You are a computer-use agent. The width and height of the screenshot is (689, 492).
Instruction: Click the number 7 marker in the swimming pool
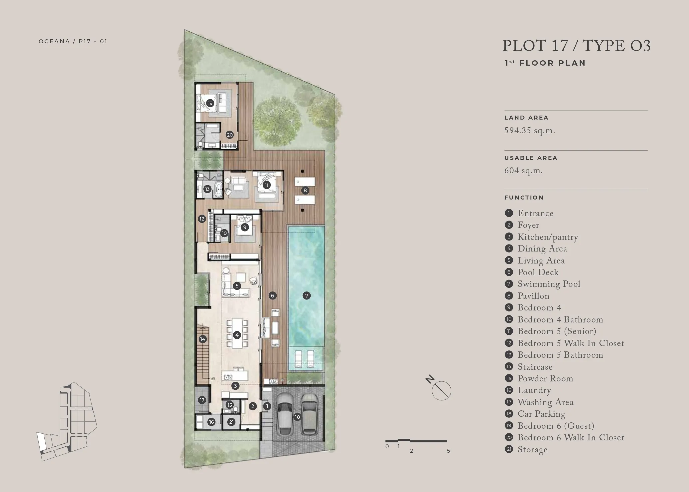click(307, 295)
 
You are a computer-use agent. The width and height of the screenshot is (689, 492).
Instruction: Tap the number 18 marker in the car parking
click(297, 417)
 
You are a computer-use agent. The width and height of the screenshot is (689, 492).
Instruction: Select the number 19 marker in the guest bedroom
click(210, 103)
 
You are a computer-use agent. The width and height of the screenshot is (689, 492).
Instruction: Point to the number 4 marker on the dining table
click(237, 335)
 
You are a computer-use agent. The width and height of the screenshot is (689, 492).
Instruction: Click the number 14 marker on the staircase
click(203, 339)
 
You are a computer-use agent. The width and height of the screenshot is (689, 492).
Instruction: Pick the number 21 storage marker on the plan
click(231, 422)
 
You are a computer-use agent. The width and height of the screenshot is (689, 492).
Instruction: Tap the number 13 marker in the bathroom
click(207, 189)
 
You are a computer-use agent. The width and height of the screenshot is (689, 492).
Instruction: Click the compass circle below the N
click(441, 390)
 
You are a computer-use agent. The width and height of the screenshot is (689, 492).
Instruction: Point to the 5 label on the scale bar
click(448, 451)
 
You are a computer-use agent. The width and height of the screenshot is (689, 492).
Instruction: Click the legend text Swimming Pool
click(549, 284)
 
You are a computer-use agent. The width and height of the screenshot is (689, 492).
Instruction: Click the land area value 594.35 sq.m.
click(530, 131)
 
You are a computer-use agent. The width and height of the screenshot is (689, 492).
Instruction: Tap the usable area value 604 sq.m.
click(523, 171)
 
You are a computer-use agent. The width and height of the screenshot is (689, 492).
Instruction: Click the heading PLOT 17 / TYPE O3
click(576, 46)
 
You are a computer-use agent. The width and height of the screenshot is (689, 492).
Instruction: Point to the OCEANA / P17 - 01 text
click(73, 41)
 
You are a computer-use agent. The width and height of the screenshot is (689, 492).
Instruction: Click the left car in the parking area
click(284, 414)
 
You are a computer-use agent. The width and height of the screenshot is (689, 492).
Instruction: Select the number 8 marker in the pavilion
click(305, 191)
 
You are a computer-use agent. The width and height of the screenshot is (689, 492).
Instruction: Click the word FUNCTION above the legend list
click(524, 198)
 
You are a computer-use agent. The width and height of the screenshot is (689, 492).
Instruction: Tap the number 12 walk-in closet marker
click(202, 219)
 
